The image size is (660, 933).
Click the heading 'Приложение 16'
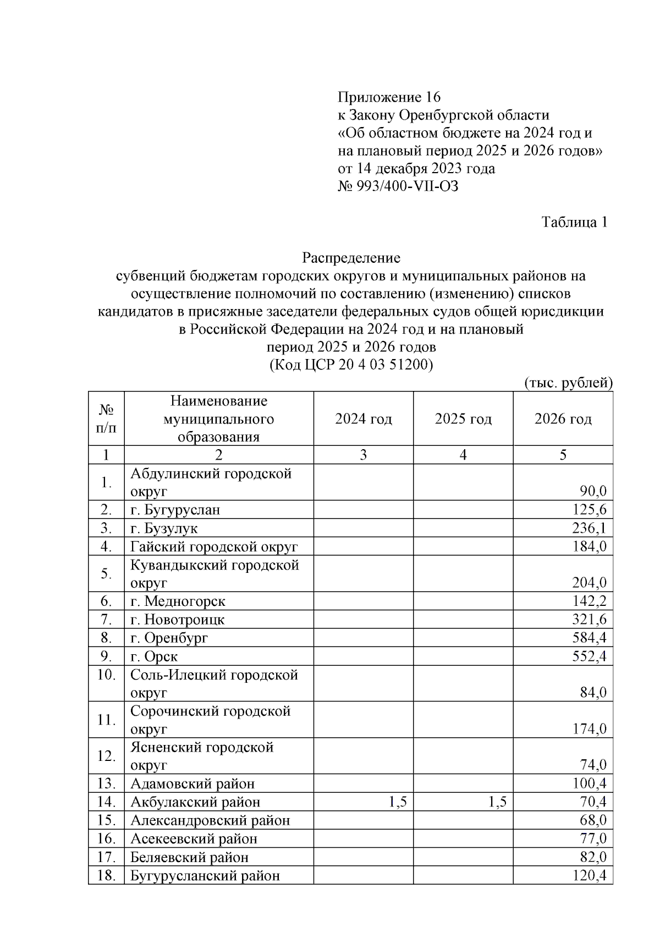pos(389,97)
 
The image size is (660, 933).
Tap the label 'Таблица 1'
pos(574,222)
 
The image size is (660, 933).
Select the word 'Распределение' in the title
pos(351,257)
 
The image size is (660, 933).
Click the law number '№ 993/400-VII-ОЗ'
pos(398,186)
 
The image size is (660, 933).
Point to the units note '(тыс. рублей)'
pos(569,382)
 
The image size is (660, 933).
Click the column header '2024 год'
pos(363,419)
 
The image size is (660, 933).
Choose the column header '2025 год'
pos(463,419)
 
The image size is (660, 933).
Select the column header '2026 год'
pos(563,419)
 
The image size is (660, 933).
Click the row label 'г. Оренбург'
pos(169,638)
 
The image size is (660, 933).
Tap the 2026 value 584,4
pos(589,638)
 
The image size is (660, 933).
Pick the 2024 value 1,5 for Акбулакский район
pos(397,802)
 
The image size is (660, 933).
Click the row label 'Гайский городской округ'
pos(213,546)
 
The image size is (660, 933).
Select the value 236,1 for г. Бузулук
pos(589,528)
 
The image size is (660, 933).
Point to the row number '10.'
pos(106,675)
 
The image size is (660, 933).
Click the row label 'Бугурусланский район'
pos(205,875)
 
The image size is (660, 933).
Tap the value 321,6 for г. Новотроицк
pos(589,620)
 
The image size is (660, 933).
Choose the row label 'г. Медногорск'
pos(177,601)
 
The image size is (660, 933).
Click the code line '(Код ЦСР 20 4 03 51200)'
pos(351,365)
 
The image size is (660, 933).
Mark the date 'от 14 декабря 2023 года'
pos(416,168)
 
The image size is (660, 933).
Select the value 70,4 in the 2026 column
pos(592,802)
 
